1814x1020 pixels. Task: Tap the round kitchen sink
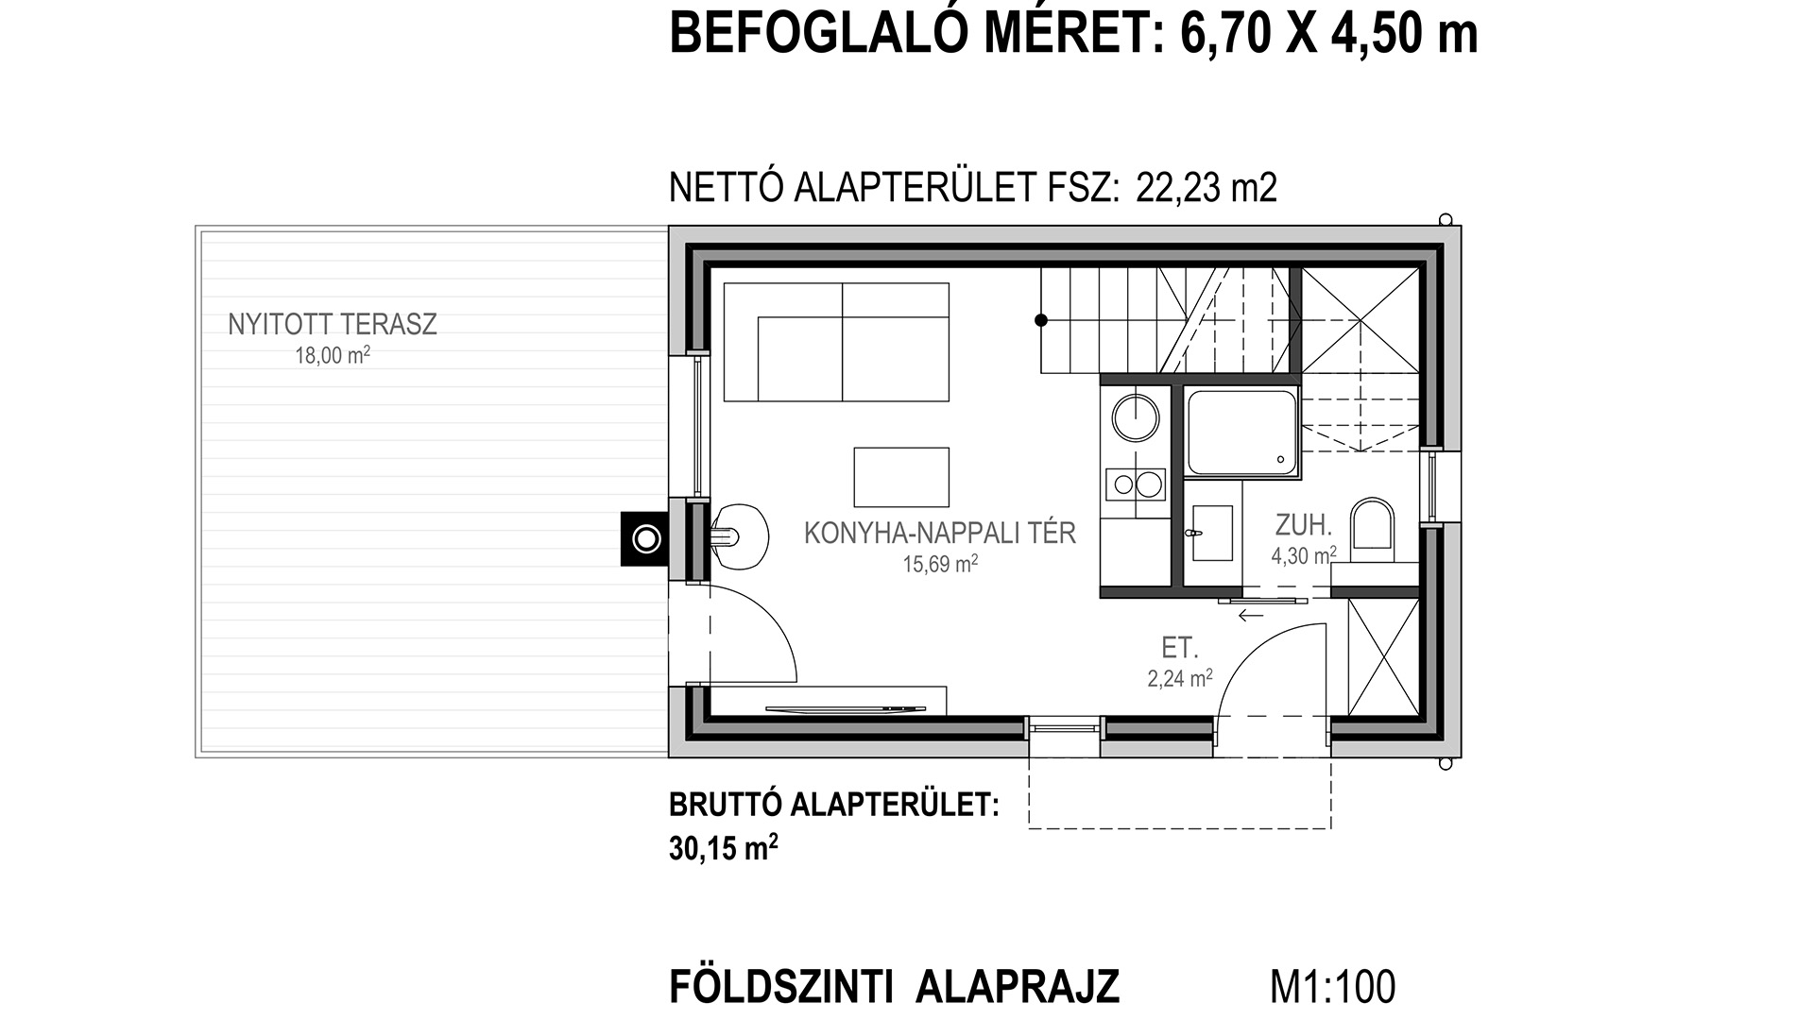(1135, 417)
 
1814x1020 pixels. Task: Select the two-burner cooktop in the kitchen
(1137, 484)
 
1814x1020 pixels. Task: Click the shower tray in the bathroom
(1242, 432)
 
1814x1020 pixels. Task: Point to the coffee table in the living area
(901, 477)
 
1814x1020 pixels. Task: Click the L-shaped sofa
(836, 342)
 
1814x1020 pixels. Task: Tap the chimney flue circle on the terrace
(646, 539)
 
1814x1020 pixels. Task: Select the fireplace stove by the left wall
(738, 538)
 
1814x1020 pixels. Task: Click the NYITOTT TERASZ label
(333, 325)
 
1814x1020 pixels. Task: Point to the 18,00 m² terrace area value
(333, 356)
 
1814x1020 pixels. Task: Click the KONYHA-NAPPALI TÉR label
(940, 533)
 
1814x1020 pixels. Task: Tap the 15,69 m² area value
(940, 564)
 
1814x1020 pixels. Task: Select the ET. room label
(1180, 648)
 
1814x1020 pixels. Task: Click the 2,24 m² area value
(1180, 678)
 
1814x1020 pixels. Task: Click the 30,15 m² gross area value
(724, 848)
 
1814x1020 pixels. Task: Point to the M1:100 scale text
(1332, 987)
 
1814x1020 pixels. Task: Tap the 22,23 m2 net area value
(1206, 187)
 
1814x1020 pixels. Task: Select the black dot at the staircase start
(1041, 320)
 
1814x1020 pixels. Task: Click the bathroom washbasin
(1211, 533)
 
